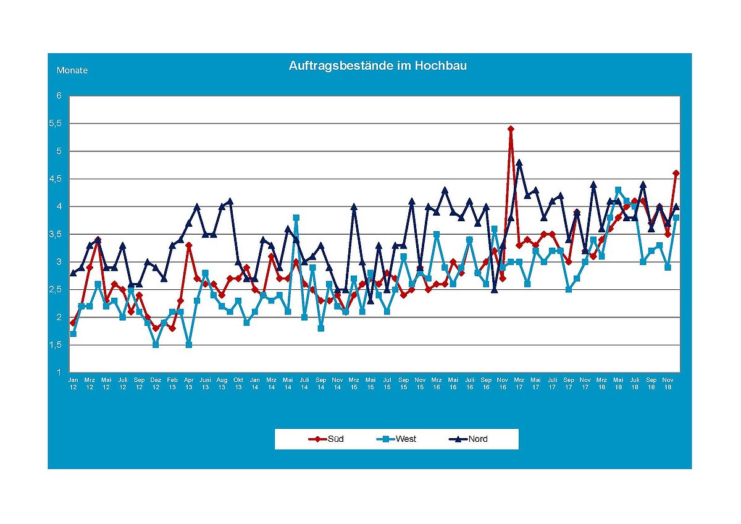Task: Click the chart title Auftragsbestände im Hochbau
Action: click(377, 65)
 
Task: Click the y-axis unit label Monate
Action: click(72, 70)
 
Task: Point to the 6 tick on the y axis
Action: click(60, 96)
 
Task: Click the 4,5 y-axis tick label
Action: click(56, 179)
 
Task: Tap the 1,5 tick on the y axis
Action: click(56, 345)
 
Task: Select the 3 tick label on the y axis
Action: click(60, 262)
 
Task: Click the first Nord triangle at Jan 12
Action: click(73, 273)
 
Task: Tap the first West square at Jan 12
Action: click(73, 334)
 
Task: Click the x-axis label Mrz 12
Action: click(90, 383)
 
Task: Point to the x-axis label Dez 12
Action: click(156, 383)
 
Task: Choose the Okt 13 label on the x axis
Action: click(238, 383)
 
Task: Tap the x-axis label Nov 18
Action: click(668, 383)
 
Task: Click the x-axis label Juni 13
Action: click(205, 383)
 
